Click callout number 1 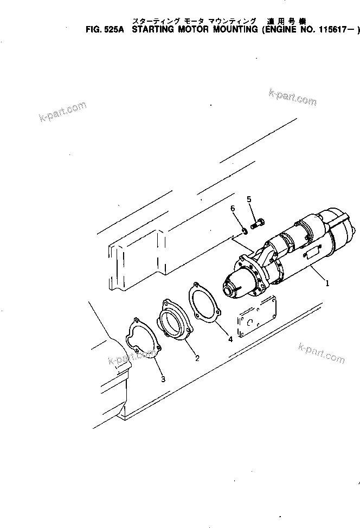[327, 282]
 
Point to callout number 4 [230, 339]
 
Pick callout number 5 [249, 199]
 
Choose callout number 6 [232, 209]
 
